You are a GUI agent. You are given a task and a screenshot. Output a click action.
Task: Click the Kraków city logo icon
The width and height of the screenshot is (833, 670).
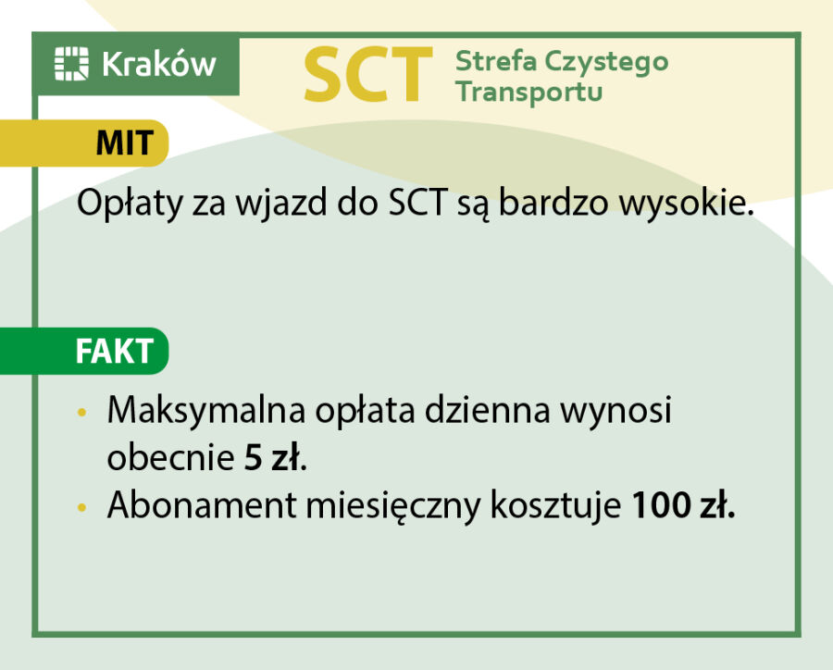click(x=71, y=64)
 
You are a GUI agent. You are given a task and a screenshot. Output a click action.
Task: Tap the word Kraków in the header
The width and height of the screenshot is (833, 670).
click(x=158, y=64)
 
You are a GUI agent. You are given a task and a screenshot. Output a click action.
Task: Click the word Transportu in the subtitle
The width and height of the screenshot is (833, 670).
click(x=529, y=93)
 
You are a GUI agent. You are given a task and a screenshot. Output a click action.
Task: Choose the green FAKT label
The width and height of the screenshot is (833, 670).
click(x=114, y=353)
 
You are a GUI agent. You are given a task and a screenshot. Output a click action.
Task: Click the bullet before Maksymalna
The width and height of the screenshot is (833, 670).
click(x=83, y=411)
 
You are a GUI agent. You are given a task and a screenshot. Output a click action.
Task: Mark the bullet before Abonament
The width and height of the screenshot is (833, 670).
click(x=83, y=507)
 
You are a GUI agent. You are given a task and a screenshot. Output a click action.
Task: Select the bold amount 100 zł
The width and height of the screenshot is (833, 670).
click(x=683, y=506)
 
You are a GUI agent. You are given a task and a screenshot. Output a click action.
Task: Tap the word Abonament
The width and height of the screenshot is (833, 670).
click(x=192, y=506)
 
